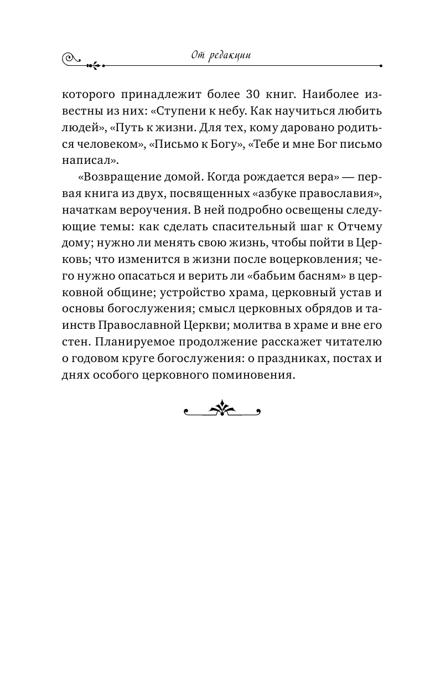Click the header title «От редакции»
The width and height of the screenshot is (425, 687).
pos(221,56)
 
